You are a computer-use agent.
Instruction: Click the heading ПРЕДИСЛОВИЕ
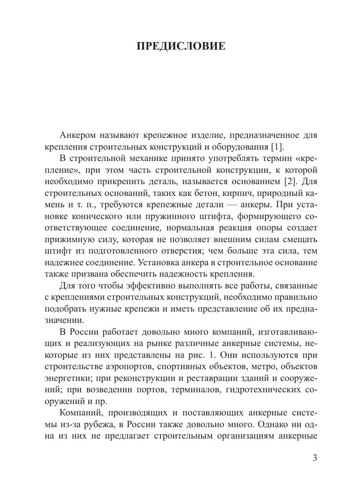click(x=181, y=46)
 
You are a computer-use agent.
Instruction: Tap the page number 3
click(x=315, y=458)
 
